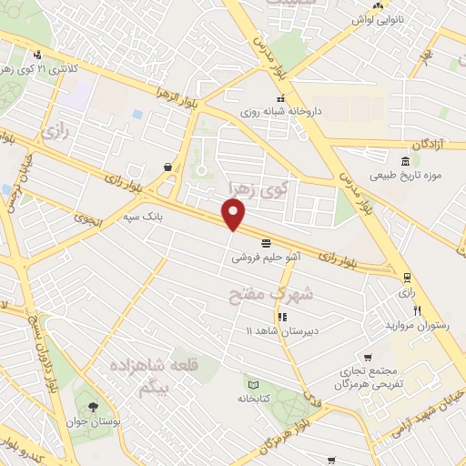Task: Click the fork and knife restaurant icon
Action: tap(417, 310)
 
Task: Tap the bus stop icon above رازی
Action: tap(406, 278)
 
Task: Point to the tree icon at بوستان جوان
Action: tap(94, 405)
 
